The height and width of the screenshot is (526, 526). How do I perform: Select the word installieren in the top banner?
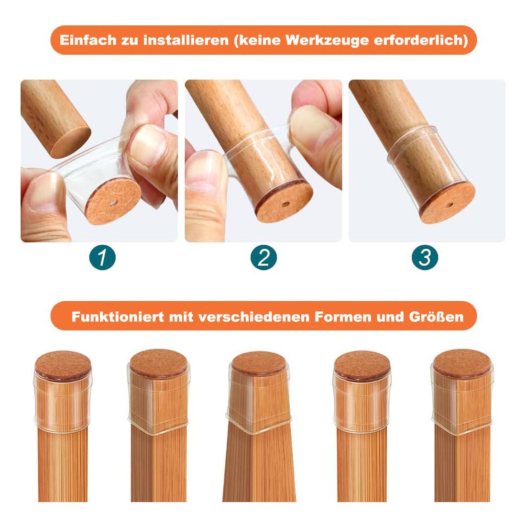[x=186, y=40]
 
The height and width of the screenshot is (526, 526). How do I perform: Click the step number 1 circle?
[x=102, y=258]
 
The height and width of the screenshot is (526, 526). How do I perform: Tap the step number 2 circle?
[x=263, y=258]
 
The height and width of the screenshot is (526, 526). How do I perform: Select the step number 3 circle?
[x=425, y=258]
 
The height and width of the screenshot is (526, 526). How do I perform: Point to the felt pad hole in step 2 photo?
[x=285, y=204]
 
